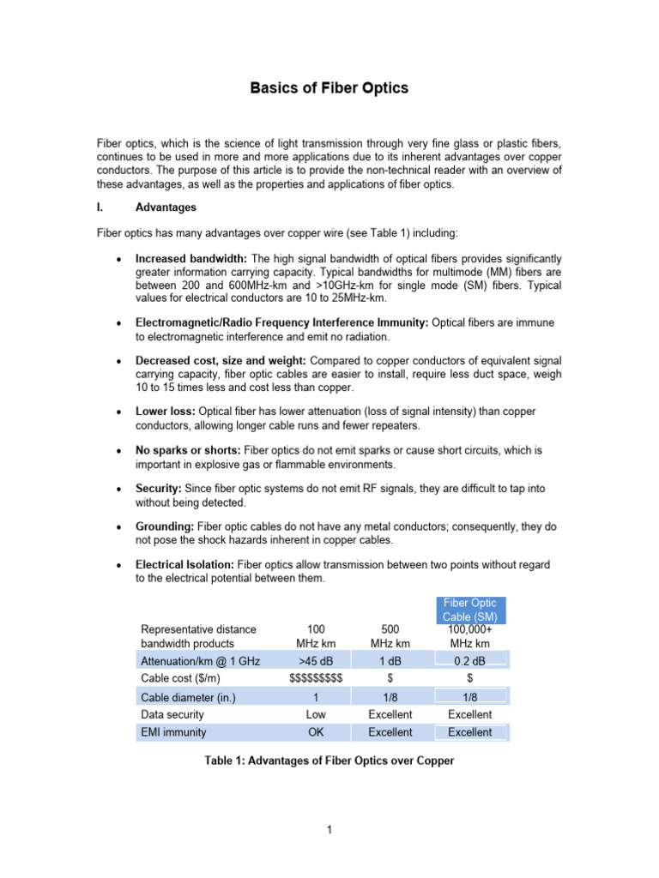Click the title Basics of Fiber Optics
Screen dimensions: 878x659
329,88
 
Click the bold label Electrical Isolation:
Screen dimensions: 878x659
185,564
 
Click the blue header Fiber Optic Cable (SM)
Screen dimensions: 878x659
469,610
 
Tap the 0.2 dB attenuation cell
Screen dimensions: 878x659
470,659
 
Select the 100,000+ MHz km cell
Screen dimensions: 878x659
470,636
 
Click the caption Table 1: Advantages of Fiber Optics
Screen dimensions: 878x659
329,761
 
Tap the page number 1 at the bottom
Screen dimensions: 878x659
329,829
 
